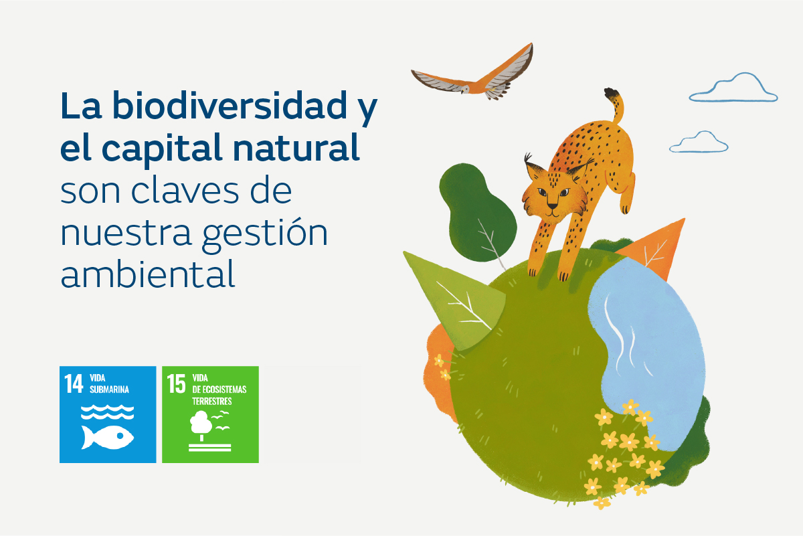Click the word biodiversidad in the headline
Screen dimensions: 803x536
pos(230,105)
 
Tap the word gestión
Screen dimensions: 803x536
pos(265,234)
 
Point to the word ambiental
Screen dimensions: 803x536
pos(148,274)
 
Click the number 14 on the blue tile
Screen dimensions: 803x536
pos(74,383)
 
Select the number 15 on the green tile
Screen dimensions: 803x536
pos(177,383)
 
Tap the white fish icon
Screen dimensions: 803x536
pos(107,437)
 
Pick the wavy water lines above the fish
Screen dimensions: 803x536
pos(107,412)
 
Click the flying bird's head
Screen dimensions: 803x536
pos(465,89)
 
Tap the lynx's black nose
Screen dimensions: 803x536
pos(552,206)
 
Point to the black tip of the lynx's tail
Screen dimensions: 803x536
pos(612,94)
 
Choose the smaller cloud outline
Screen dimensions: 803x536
pos(699,143)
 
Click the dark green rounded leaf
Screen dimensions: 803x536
pos(476,211)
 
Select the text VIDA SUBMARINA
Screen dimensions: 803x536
pos(109,383)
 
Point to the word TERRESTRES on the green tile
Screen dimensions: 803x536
pos(212,401)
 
